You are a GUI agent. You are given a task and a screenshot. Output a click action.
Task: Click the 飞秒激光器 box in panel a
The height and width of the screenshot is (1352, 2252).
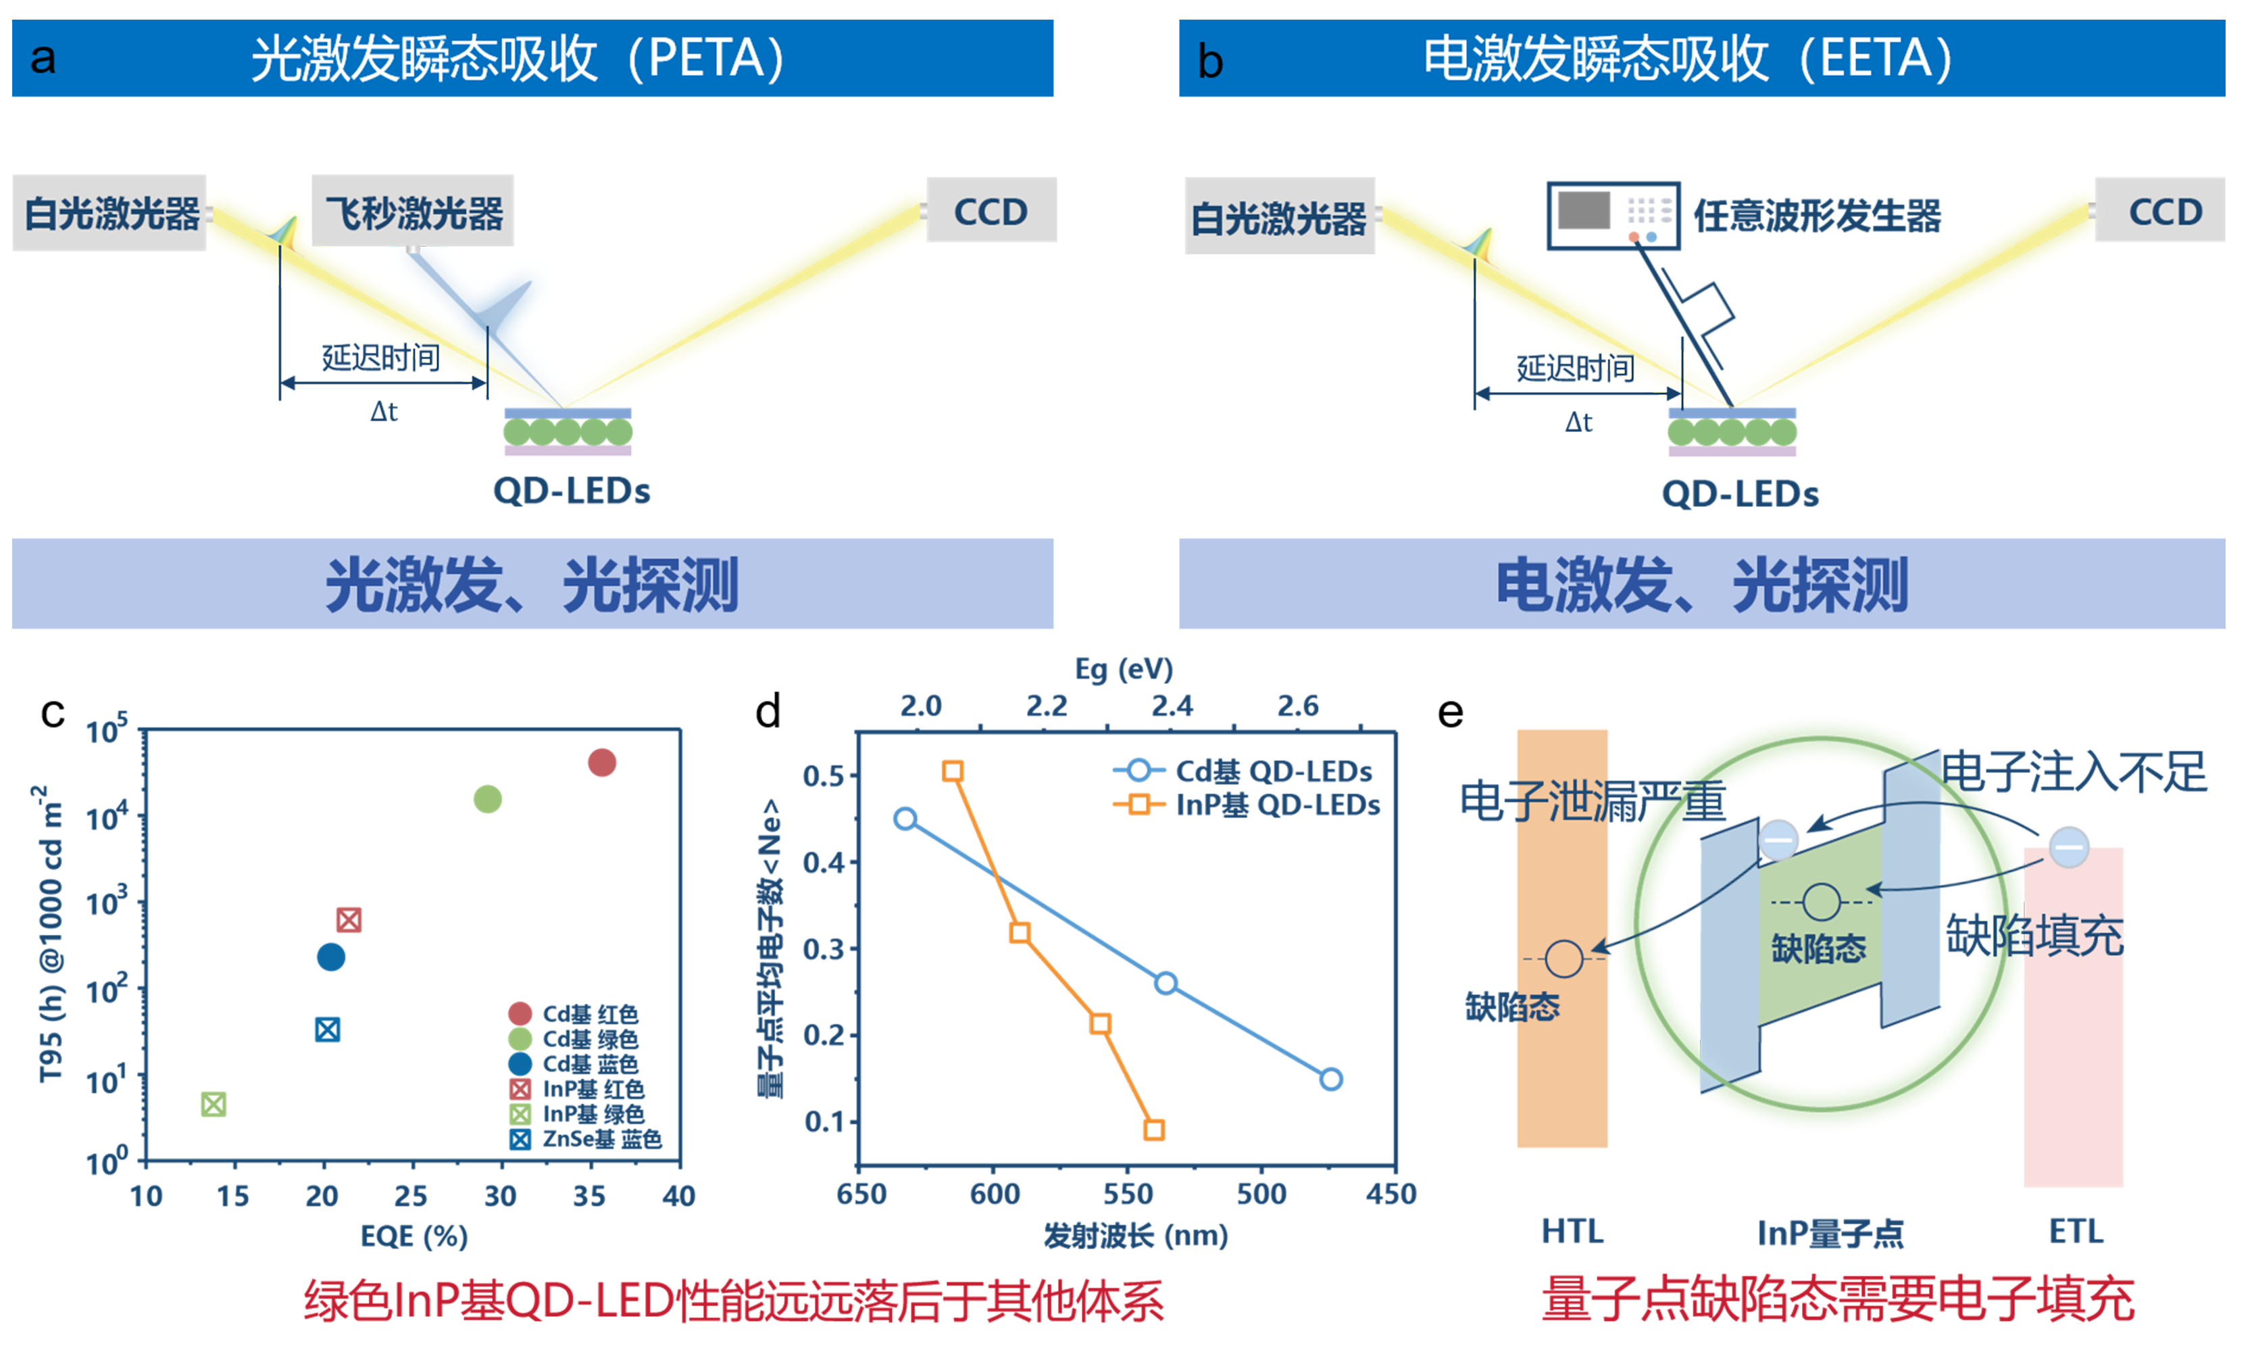click(413, 212)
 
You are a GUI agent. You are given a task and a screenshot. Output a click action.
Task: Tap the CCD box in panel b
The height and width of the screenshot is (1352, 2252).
click(2160, 212)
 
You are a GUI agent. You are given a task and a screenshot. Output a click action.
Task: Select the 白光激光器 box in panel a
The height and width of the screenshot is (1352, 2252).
click(110, 213)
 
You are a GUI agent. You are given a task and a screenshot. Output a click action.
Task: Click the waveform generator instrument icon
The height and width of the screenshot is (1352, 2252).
click(1613, 216)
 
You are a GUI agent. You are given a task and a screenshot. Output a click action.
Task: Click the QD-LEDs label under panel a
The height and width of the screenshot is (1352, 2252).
click(571, 491)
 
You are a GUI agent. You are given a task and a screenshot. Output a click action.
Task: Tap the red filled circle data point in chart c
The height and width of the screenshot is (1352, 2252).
click(602, 763)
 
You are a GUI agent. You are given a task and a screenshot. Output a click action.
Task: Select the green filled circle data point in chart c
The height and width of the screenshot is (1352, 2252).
click(488, 799)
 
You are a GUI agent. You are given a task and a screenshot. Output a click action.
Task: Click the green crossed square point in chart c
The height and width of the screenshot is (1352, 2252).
click(213, 1104)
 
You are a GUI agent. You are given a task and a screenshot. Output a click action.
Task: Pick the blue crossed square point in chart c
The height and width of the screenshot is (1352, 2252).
click(328, 1030)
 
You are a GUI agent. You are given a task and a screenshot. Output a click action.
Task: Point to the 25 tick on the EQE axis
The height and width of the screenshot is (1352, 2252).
click(411, 1195)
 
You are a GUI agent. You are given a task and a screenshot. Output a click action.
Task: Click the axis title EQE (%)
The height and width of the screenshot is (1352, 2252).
click(414, 1236)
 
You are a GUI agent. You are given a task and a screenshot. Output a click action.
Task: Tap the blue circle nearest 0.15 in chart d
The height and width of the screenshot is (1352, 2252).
click(1330, 1080)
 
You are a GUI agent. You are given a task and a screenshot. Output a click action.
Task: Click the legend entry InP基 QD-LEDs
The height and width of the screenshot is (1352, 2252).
click(1277, 805)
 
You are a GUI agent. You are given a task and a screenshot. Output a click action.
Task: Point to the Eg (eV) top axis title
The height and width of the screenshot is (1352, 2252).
click(1124, 670)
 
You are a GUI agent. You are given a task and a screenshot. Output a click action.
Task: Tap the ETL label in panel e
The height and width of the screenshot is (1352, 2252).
click(2076, 1232)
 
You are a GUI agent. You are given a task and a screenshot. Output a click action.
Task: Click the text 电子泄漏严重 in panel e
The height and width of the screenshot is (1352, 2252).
click(1593, 802)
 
